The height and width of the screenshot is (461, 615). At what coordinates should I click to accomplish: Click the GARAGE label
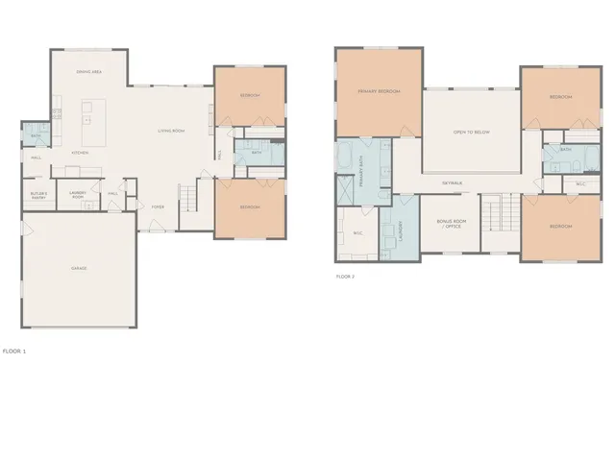tap(79, 268)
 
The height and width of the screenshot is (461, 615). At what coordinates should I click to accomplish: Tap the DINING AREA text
tap(90, 72)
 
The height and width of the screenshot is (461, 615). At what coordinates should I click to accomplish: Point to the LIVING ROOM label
tap(171, 131)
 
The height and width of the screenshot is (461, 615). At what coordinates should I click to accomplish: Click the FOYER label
tap(157, 206)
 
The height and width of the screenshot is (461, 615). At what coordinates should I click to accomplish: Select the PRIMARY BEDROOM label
tap(378, 91)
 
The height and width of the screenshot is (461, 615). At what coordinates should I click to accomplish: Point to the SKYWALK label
tap(453, 182)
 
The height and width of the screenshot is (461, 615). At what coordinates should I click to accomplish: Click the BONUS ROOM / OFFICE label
tap(451, 223)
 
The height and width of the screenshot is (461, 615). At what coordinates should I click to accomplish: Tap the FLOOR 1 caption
tap(14, 352)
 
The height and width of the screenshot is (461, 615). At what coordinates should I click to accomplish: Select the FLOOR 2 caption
tap(345, 277)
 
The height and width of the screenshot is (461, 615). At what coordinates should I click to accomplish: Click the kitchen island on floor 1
tap(93, 114)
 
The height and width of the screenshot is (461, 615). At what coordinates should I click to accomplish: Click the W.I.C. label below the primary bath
tap(357, 233)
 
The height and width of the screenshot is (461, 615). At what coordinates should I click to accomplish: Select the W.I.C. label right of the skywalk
tap(581, 183)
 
